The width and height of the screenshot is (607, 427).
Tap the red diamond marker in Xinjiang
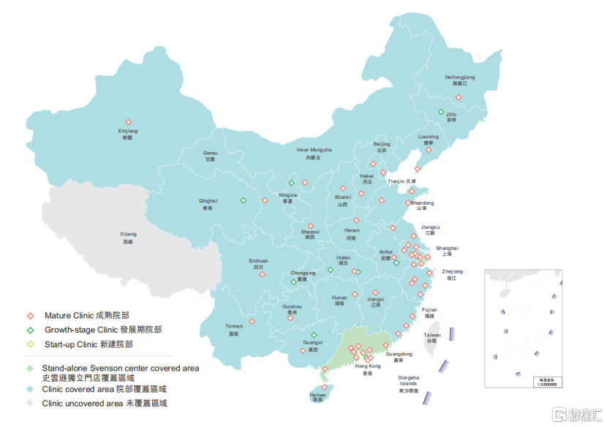(x=128, y=123)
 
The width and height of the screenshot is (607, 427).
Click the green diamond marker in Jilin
(x=441, y=112)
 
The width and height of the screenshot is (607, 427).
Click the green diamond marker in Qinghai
(x=244, y=200)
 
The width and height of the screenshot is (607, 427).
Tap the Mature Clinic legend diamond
(x=31, y=316)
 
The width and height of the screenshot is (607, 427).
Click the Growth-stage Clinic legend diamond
(x=31, y=330)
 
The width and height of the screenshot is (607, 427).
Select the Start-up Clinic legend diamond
(x=31, y=344)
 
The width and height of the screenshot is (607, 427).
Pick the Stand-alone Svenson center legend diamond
(x=31, y=368)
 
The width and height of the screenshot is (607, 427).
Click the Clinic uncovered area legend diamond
(x=31, y=403)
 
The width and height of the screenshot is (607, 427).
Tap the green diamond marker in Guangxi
(x=314, y=335)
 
